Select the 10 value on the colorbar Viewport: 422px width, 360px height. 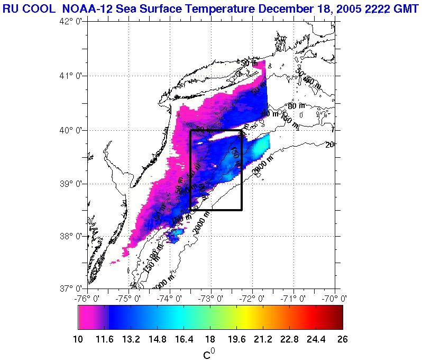pyautogui.click(x=78, y=339)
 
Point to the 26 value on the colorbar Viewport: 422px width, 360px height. pyautogui.click(x=342, y=339)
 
